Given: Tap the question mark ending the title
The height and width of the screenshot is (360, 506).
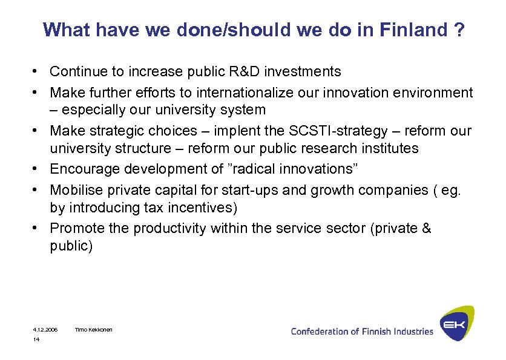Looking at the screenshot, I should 459,30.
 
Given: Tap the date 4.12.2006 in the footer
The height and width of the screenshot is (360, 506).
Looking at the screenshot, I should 45,330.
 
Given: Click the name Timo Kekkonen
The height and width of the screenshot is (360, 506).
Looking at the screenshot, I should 93,330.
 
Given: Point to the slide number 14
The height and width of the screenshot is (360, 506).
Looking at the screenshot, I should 36,340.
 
